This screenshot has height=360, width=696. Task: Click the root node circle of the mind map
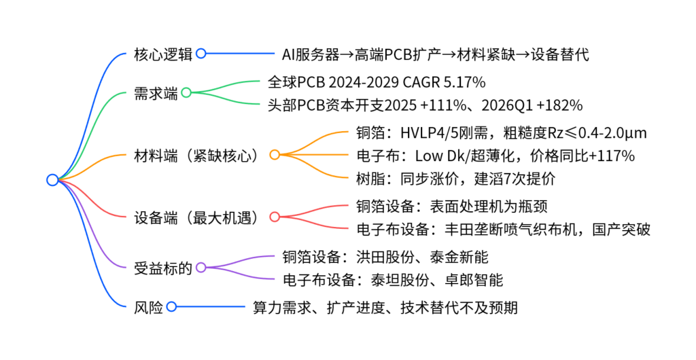point(52,179)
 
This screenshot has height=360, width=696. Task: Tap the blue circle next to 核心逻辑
point(201,54)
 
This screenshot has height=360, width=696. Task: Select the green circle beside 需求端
point(186,92)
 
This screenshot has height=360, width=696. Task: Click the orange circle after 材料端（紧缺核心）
point(275,155)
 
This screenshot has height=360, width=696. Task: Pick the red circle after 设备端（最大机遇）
point(275,217)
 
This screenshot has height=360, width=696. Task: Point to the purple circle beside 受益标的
point(201,268)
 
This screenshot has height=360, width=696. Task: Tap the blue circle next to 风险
point(171,306)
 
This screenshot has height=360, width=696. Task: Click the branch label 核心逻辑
point(163,54)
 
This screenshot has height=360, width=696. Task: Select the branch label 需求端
point(156,94)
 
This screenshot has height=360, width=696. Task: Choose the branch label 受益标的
point(163,268)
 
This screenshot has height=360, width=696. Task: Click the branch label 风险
point(148,307)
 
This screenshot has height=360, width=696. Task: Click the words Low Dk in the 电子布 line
point(439,156)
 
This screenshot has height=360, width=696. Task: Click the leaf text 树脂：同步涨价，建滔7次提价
point(455,179)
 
